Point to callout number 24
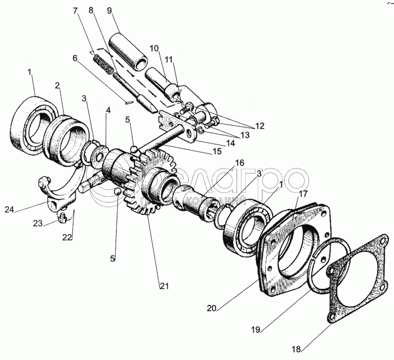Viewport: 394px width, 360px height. click(x=23, y=209)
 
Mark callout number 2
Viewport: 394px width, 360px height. click(x=57, y=85)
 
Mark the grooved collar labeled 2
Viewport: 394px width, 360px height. click(x=70, y=142)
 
